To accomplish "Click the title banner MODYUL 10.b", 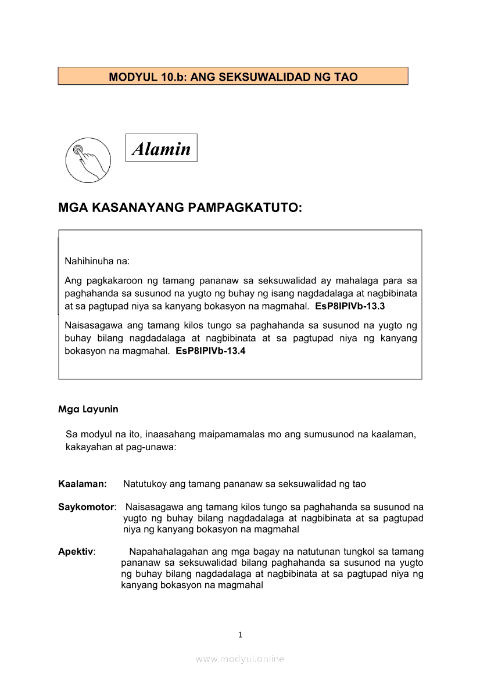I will [x=233, y=76].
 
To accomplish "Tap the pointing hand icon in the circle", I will [x=88, y=160].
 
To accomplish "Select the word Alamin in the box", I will [x=162, y=149].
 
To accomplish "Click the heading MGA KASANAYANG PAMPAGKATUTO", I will [x=180, y=208].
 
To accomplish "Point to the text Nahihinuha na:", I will [x=97, y=261].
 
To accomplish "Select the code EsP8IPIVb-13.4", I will [x=210, y=351].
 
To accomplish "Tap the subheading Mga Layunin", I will [x=88, y=409].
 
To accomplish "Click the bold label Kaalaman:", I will [x=82, y=483].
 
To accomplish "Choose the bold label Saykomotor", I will [x=86, y=507].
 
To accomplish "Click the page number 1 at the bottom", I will [x=240, y=635].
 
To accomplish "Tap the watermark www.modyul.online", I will [x=240, y=659].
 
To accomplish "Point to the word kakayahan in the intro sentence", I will [x=87, y=448].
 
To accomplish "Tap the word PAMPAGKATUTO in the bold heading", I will [x=245, y=208].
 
